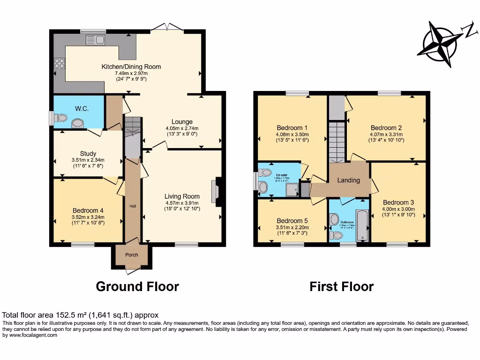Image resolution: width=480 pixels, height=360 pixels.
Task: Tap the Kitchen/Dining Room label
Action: [x=131, y=67]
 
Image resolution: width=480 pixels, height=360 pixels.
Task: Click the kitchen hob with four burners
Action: [x=59, y=63]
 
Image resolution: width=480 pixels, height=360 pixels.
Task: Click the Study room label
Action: [x=88, y=153]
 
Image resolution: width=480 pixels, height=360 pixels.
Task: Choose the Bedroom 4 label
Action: [x=88, y=210]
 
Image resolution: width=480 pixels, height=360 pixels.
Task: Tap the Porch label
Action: [x=131, y=255]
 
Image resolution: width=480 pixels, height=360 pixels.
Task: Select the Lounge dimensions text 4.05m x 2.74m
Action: [x=182, y=128]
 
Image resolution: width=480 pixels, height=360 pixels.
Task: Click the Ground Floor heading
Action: [x=137, y=286]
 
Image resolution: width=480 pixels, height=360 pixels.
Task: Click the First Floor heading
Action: [x=341, y=286]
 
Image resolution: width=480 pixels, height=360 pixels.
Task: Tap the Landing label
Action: [x=349, y=180]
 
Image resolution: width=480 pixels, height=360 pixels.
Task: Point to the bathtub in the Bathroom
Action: [x=362, y=225]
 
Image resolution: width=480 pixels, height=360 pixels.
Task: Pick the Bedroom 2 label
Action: [x=386, y=127]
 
